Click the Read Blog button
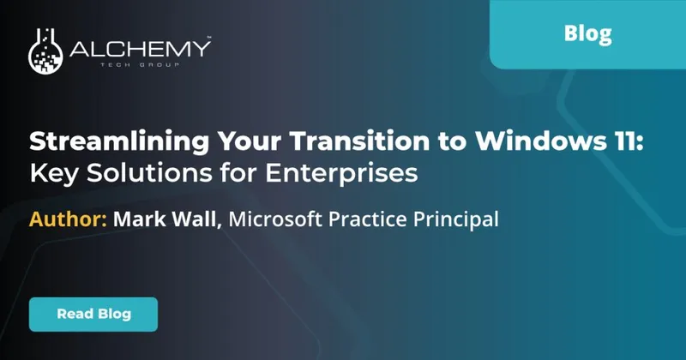click(93, 314)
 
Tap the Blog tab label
click(588, 34)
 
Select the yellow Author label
click(68, 219)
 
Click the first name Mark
click(140, 219)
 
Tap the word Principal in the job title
click(455, 219)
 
